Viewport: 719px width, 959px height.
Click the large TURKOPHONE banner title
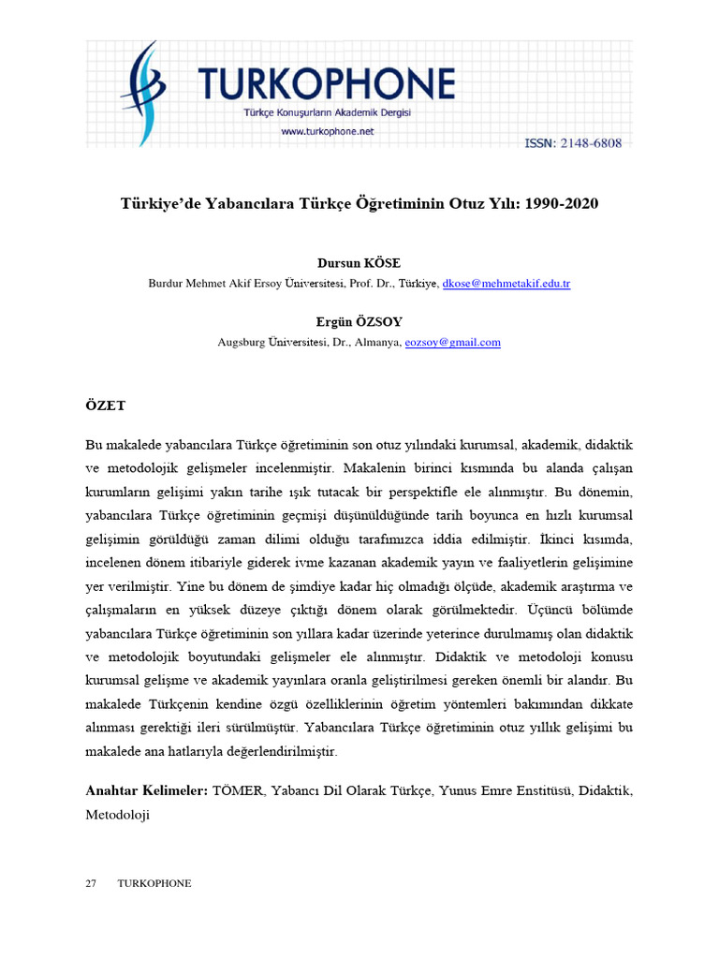pos(327,83)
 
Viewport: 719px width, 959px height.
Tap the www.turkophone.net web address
pos(327,131)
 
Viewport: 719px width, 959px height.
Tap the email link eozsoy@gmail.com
pos(452,342)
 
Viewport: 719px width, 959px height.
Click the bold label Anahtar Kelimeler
pos(146,791)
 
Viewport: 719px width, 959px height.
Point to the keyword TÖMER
pos(239,791)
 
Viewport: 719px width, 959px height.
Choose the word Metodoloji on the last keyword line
pos(118,815)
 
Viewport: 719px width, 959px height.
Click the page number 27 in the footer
pos(91,883)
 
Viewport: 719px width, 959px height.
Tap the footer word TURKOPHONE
pos(154,883)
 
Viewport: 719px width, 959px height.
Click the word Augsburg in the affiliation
pos(242,342)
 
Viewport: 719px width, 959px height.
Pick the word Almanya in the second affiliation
pos(377,342)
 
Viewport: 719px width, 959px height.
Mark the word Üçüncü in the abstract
pos(565,609)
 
